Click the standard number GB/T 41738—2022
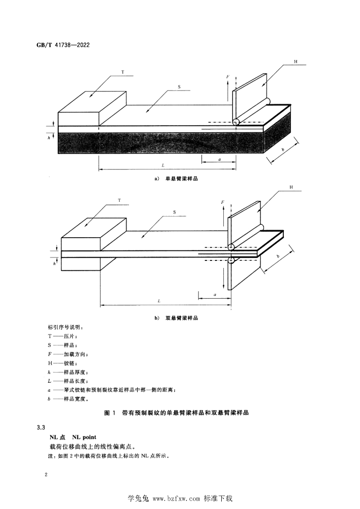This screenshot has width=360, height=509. (x=63, y=45)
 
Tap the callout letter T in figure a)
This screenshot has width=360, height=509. (x=123, y=72)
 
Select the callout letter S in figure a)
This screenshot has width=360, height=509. (x=179, y=87)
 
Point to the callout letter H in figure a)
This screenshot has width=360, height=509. (x=296, y=61)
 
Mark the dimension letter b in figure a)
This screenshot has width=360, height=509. (x=283, y=150)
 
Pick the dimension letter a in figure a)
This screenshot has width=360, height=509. (x=220, y=160)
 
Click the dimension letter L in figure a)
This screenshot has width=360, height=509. (x=163, y=165)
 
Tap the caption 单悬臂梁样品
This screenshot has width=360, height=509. (x=181, y=178)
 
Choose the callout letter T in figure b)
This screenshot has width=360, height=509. (x=119, y=200)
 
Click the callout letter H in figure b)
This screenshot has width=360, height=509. (x=291, y=187)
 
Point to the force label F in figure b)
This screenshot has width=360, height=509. (x=223, y=202)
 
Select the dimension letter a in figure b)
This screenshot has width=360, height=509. (x=215, y=295)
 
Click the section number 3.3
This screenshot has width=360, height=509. (x=41, y=427)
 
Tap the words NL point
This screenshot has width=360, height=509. (x=85, y=437)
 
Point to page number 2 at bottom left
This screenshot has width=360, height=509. (x=46, y=475)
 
